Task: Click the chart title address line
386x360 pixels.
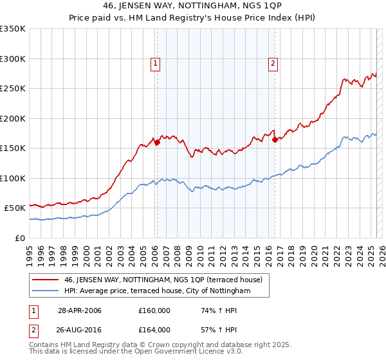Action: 192,6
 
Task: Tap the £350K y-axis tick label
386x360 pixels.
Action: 13,29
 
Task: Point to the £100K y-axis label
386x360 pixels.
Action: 13,178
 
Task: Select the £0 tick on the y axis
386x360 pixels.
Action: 21,238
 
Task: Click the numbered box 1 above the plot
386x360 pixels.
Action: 156,63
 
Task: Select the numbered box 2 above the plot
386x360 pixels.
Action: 273,63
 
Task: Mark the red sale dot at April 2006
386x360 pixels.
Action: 156,143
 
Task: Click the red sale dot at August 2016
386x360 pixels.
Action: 275,139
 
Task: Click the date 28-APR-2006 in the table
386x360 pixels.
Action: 80,310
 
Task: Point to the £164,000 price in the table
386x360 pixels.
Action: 154,330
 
